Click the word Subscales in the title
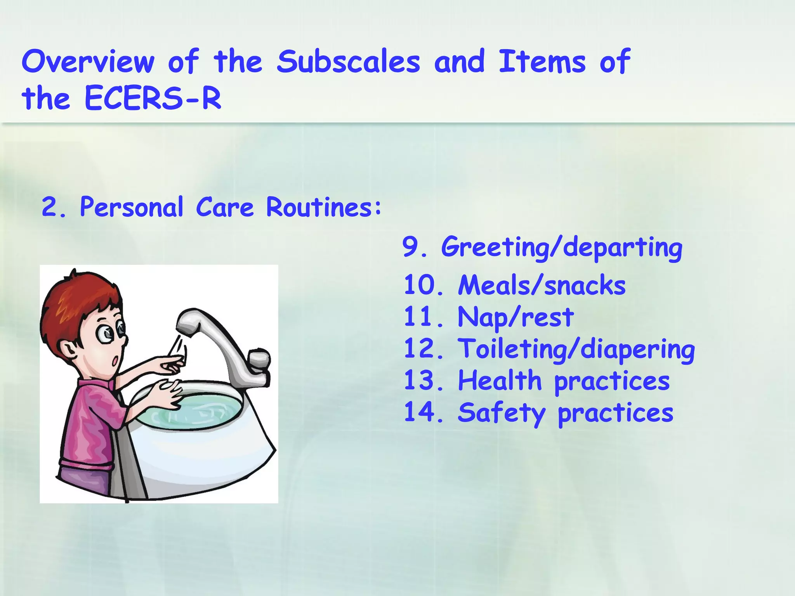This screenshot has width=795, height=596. [x=348, y=62]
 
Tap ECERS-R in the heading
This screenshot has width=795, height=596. [x=153, y=99]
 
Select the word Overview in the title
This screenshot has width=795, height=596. [x=88, y=62]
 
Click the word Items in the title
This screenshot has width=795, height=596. [x=542, y=62]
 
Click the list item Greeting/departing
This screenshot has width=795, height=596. [x=561, y=247]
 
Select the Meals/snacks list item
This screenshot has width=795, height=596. [x=542, y=285]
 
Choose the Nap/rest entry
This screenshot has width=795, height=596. [x=516, y=317]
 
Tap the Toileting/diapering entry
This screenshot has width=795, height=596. [x=576, y=349]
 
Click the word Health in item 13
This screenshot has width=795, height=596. [x=500, y=381]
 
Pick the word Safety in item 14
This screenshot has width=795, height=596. [x=501, y=413]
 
